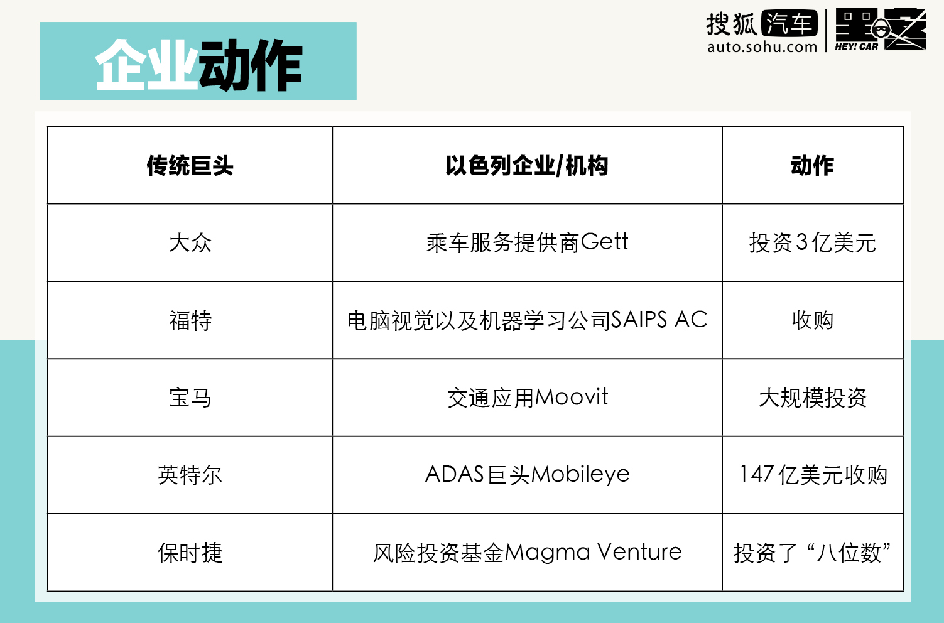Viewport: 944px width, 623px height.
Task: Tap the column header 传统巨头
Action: tap(190, 166)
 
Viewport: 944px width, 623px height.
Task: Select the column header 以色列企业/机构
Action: tap(527, 166)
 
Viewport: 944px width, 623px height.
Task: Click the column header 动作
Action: tap(812, 166)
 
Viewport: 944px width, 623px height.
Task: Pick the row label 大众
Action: tap(190, 242)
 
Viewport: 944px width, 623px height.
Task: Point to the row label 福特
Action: tap(190, 320)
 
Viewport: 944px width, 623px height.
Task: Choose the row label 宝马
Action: tap(190, 398)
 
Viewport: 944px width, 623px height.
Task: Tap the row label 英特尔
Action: tap(190, 475)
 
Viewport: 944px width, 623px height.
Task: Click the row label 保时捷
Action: tap(190, 553)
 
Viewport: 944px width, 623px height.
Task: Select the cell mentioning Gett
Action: tap(527, 242)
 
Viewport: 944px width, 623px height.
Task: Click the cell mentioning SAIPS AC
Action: tap(527, 320)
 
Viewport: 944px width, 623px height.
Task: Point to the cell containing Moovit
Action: tap(527, 398)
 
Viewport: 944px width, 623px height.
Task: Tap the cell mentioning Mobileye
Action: tap(527, 475)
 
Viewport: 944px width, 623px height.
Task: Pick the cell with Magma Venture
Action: tap(527, 553)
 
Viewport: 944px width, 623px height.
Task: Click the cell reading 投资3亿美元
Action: tap(812, 242)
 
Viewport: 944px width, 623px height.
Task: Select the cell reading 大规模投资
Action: tap(812, 398)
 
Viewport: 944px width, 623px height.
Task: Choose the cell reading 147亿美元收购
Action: tap(812, 475)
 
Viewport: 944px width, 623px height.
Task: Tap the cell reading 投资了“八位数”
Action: tap(812, 553)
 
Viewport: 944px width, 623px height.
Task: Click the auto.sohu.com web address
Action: tap(762, 47)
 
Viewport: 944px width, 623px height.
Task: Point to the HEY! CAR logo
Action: tap(880, 30)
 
